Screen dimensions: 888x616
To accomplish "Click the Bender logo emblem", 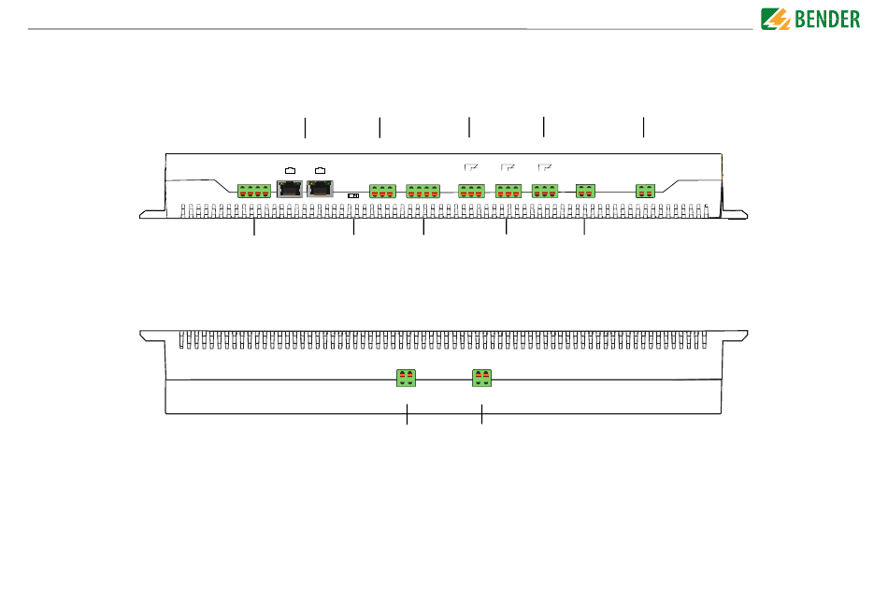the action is pyautogui.click(x=776, y=19).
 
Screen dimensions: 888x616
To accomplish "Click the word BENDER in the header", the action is pyautogui.click(x=826, y=19).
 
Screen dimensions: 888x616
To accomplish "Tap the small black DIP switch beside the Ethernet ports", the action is pyautogui.click(x=354, y=194).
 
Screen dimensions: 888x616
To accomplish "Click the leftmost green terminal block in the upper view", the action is pyautogui.click(x=254, y=191).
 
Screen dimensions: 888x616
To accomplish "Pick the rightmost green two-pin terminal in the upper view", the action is pyautogui.click(x=645, y=191).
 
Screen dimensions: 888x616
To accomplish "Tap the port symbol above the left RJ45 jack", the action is pyautogui.click(x=291, y=169).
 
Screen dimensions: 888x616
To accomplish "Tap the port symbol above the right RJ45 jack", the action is pyautogui.click(x=321, y=169).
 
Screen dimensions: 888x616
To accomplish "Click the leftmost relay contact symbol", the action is pyautogui.click(x=471, y=167).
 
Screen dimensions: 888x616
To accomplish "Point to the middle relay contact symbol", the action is pyautogui.click(x=508, y=167).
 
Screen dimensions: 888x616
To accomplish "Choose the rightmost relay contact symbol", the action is pyautogui.click(x=546, y=167).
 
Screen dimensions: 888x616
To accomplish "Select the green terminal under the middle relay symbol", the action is pyautogui.click(x=508, y=191).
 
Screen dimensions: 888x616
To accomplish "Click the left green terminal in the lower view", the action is pyautogui.click(x=407, y=378).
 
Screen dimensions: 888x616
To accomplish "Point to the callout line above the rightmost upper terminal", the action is pyautogui.click(x=644, y=127).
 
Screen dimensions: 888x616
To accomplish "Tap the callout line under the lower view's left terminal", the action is pyautogui.click(x=408, y=415).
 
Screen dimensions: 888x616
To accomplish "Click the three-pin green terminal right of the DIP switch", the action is pyautogui.click(x=383, y=191).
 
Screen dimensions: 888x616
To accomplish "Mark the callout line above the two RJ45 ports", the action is pyautogui.click(x=305, y=127).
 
